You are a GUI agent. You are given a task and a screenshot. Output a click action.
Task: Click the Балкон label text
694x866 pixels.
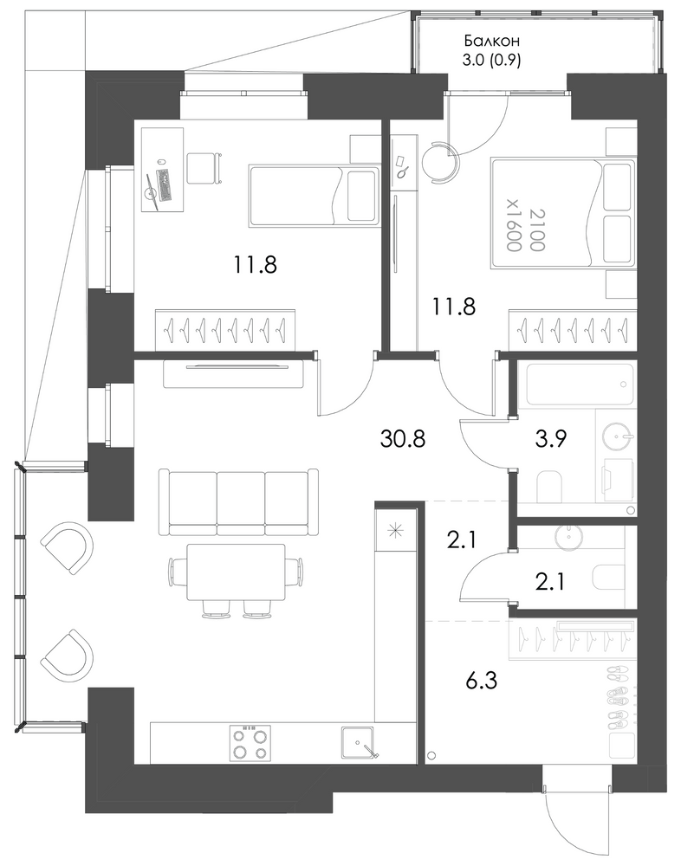[x=491, y=41]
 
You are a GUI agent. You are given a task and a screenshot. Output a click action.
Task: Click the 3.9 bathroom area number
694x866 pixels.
[x=551, y=440]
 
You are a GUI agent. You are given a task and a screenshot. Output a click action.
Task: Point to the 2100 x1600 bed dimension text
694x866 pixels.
[x=522, y=229]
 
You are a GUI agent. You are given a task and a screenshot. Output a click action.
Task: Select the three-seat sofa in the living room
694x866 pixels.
[x=237, y=502]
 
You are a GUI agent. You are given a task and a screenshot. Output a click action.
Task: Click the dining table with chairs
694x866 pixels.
[x=236, y=580]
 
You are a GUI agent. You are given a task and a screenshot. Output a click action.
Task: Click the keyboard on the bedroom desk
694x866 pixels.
[x=165, y=184]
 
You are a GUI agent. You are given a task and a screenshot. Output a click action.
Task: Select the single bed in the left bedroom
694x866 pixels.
[x=314, y=196]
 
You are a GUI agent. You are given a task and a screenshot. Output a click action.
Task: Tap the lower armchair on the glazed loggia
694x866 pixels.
[x=67, y=655]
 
